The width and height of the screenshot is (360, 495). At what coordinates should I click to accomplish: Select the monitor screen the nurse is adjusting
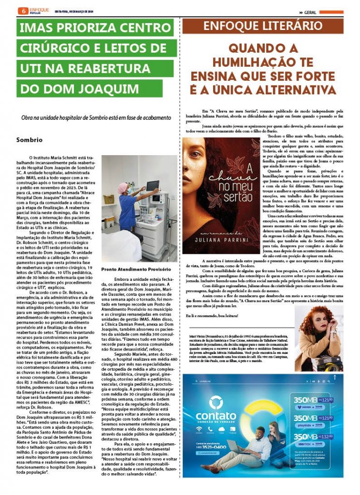coord(153,186)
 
